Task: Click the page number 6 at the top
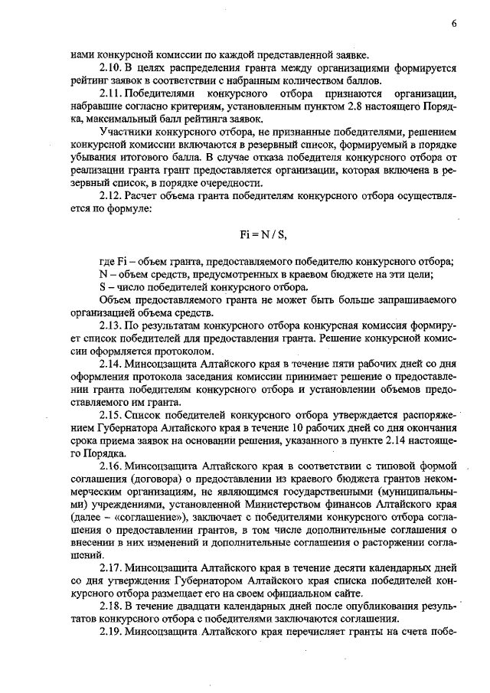tap(454, 23)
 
